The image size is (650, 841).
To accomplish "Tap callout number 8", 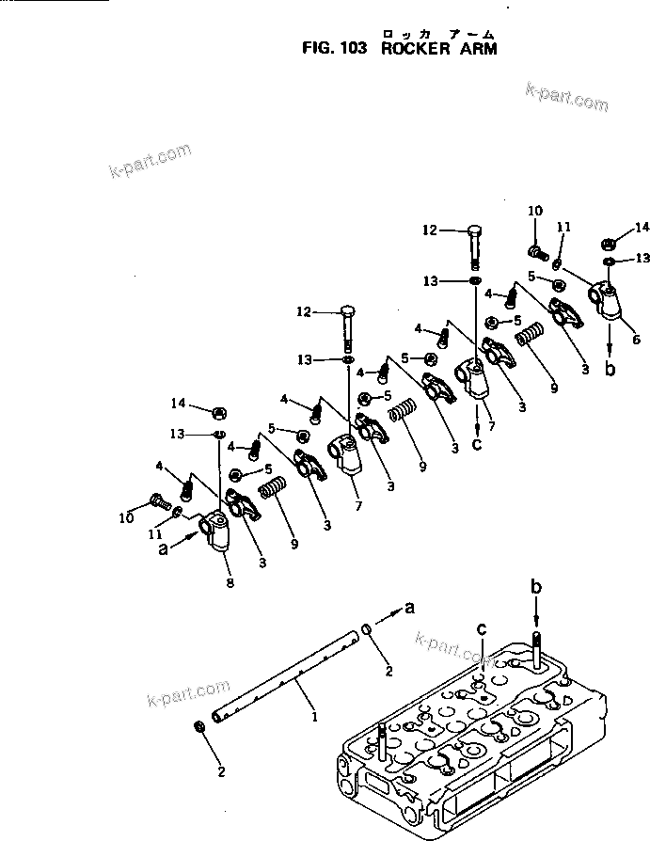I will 229,583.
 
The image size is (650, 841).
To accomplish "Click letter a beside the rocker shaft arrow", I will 409,608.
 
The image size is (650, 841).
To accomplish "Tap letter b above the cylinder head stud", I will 535,589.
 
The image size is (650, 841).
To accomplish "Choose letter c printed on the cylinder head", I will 481,629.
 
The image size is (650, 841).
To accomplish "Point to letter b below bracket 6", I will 610,369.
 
